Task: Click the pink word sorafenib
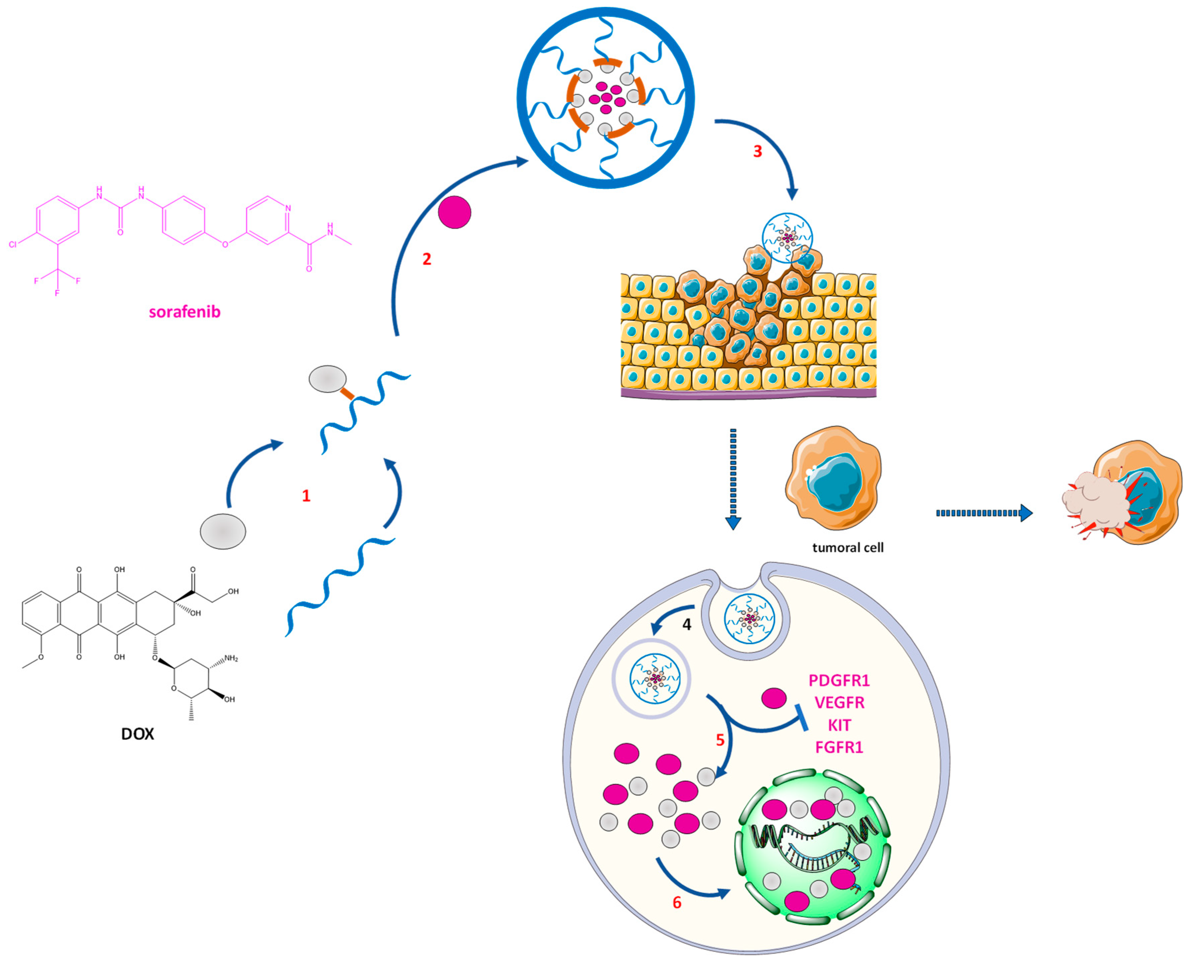184,312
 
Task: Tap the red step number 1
306,496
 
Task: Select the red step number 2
427,259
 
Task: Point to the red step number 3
757,151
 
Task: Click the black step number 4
687,625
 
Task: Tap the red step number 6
677,902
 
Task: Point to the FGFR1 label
839,747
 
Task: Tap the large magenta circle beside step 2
454,212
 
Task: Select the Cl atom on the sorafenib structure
13,244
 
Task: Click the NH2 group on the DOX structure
231,659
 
